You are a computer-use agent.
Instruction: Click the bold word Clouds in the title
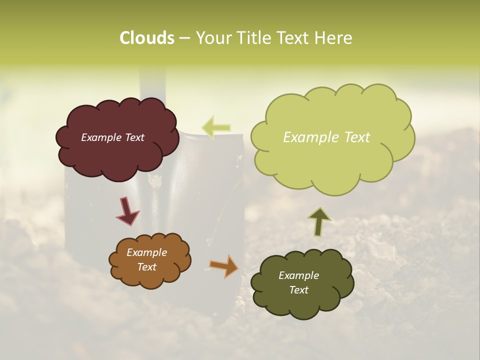147,38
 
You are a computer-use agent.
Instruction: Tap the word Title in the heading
249,38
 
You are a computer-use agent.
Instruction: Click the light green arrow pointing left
216,127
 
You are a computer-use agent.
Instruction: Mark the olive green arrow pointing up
319,221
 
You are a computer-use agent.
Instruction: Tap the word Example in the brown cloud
146,252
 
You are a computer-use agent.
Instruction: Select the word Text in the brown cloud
146,267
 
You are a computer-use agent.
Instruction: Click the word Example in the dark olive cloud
298,275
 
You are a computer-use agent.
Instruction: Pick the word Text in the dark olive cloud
298,290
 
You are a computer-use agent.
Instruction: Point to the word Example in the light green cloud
308,137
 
